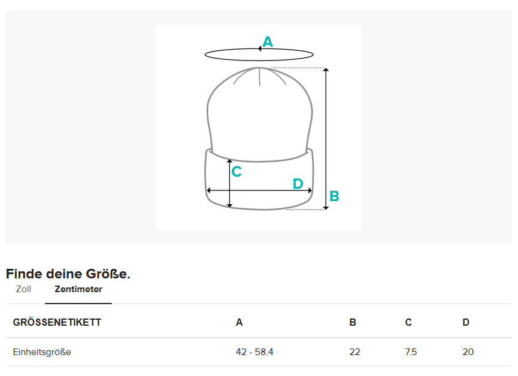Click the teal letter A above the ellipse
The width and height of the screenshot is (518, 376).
click(268, 42)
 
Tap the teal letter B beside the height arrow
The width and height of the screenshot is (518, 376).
click(334, 196)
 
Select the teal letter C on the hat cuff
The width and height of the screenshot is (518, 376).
click(237, 171)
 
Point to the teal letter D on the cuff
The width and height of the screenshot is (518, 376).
click(298, 184)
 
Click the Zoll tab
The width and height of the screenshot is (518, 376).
click(23, 289)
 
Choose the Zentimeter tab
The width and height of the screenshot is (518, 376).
click(78, 289)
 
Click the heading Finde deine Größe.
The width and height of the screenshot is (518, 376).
click(68, 274)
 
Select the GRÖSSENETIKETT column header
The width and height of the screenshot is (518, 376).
click(57, 322)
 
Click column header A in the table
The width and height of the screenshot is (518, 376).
click(239, 322)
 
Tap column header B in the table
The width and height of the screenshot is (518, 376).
click(353, 322)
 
